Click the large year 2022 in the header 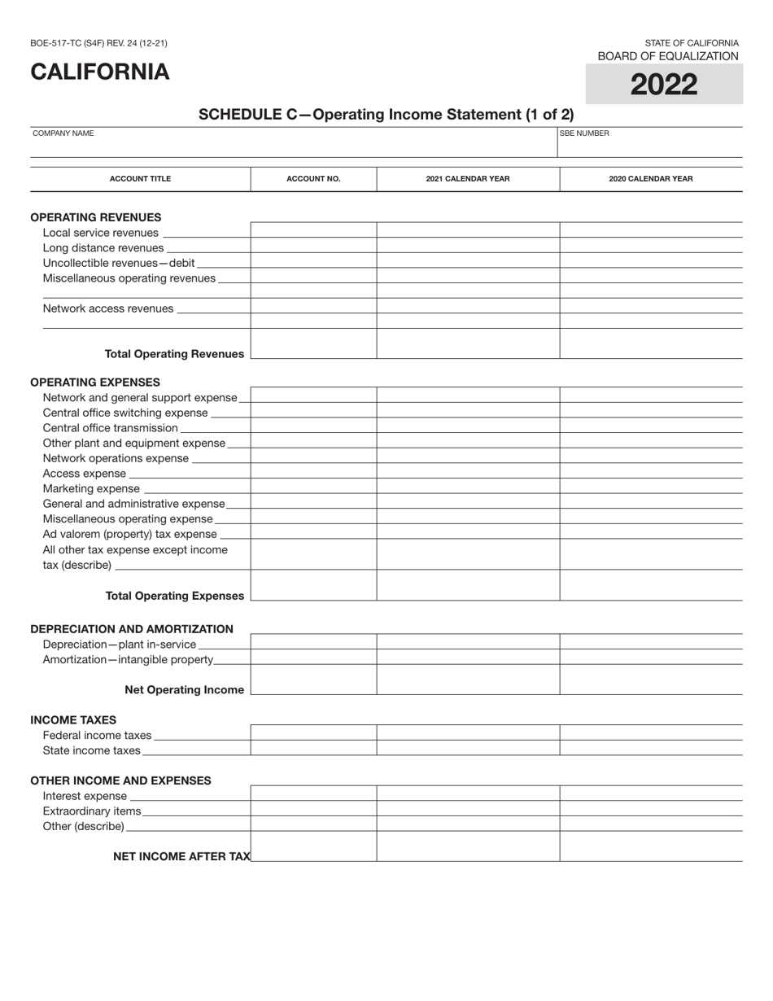coord(664,85)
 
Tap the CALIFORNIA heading coord(100,72)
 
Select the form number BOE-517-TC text coord(98,43)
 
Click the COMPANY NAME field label coord(63,133)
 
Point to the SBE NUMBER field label coord(584,133)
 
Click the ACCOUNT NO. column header coord(313,179)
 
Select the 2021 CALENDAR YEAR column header coord(468,179)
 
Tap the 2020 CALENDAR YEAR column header coord(651,179)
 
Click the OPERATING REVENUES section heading coord(96,217)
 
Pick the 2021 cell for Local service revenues coord(468,230)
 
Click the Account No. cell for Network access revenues coord(313,307)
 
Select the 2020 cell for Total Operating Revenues coord(651,344)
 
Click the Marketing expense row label coord(91,488)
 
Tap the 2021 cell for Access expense coord(468,473)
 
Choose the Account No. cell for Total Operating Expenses coord(313,586)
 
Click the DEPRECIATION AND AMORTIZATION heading coord(132,629)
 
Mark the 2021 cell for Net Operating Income coord(468,680)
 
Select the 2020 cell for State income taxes coord(651,748)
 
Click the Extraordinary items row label coord(92,811)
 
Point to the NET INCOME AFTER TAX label coord(182,856)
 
